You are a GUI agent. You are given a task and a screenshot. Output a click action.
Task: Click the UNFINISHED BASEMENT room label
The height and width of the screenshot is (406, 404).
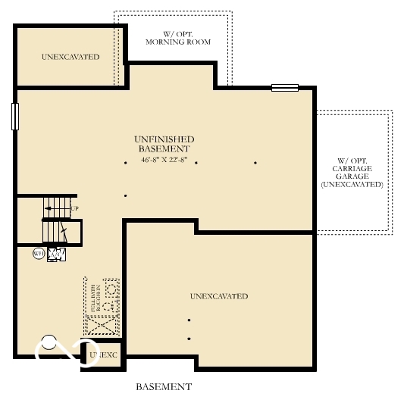point(164,144)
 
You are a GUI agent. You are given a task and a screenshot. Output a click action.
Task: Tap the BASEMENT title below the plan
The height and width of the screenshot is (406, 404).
point(164,386)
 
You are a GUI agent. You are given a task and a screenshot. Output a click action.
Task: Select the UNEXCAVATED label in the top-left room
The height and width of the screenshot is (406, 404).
point(70,57)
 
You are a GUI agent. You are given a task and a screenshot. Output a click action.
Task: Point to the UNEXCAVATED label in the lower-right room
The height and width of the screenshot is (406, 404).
point(219,296)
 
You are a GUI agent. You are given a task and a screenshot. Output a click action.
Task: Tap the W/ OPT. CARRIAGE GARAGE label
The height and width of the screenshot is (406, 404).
point(352,173)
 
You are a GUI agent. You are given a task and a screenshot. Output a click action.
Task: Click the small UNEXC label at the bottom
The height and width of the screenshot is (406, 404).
point(104,354)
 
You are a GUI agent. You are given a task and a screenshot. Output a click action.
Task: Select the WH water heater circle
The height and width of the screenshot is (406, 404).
point(38,254)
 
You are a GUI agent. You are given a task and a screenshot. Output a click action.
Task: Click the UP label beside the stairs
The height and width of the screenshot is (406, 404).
point(74,208)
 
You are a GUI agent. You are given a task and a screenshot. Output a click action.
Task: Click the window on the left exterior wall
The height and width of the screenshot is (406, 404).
point(14,116)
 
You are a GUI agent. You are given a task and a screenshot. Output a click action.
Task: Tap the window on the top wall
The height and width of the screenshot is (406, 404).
point(286,88)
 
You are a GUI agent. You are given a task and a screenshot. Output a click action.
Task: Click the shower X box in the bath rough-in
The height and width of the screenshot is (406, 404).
point(101,325)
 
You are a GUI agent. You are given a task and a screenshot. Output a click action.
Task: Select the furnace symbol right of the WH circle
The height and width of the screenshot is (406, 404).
point(56,255)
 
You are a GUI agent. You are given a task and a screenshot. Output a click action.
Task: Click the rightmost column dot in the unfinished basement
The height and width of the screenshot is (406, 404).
point(255,163)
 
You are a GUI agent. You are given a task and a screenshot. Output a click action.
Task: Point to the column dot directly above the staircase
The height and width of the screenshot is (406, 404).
point(125,196)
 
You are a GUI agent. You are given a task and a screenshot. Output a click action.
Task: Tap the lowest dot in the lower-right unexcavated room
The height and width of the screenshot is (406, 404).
point(189,339)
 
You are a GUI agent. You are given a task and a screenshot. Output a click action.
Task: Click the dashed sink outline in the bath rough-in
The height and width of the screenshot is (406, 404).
point(111,289)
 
